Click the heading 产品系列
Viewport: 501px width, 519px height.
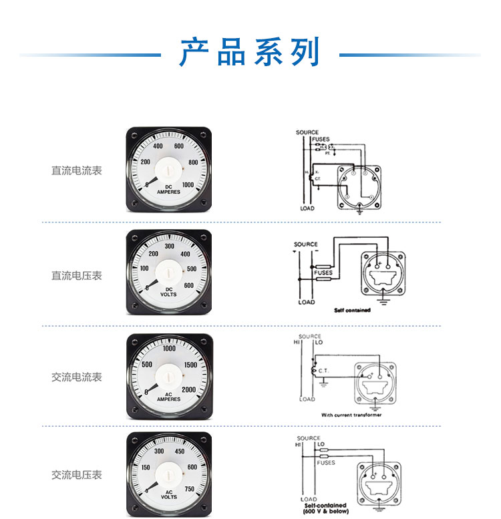[251, 53]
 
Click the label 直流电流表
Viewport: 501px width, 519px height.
[77, 171]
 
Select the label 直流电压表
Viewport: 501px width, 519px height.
[77, 275]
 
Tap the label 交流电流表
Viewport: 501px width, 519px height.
[77, 377]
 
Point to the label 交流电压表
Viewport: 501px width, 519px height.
[77, 475]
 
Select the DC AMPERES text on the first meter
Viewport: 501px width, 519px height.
[168, 189]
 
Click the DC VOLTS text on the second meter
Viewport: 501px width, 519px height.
[168, 292]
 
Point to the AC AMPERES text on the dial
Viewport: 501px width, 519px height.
[168, 396]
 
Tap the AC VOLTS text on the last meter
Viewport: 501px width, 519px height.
[168, 495]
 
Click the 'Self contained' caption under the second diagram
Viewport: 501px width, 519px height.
[352, 311]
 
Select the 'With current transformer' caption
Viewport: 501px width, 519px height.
[351, 415]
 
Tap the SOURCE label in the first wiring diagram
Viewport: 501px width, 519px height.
[307, 132]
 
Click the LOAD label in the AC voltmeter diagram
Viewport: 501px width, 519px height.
[309, 499]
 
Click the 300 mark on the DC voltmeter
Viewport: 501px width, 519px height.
[169, 246]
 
